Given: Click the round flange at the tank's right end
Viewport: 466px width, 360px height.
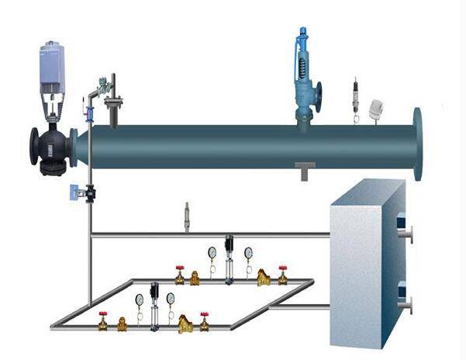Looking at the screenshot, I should pyautogui.click(x=419, y=144).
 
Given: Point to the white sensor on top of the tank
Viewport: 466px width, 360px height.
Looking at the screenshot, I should pyautogui.click(x=377, y=110).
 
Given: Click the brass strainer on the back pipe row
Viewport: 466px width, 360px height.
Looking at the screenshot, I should pyautogui.click(x=264, y=277).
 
